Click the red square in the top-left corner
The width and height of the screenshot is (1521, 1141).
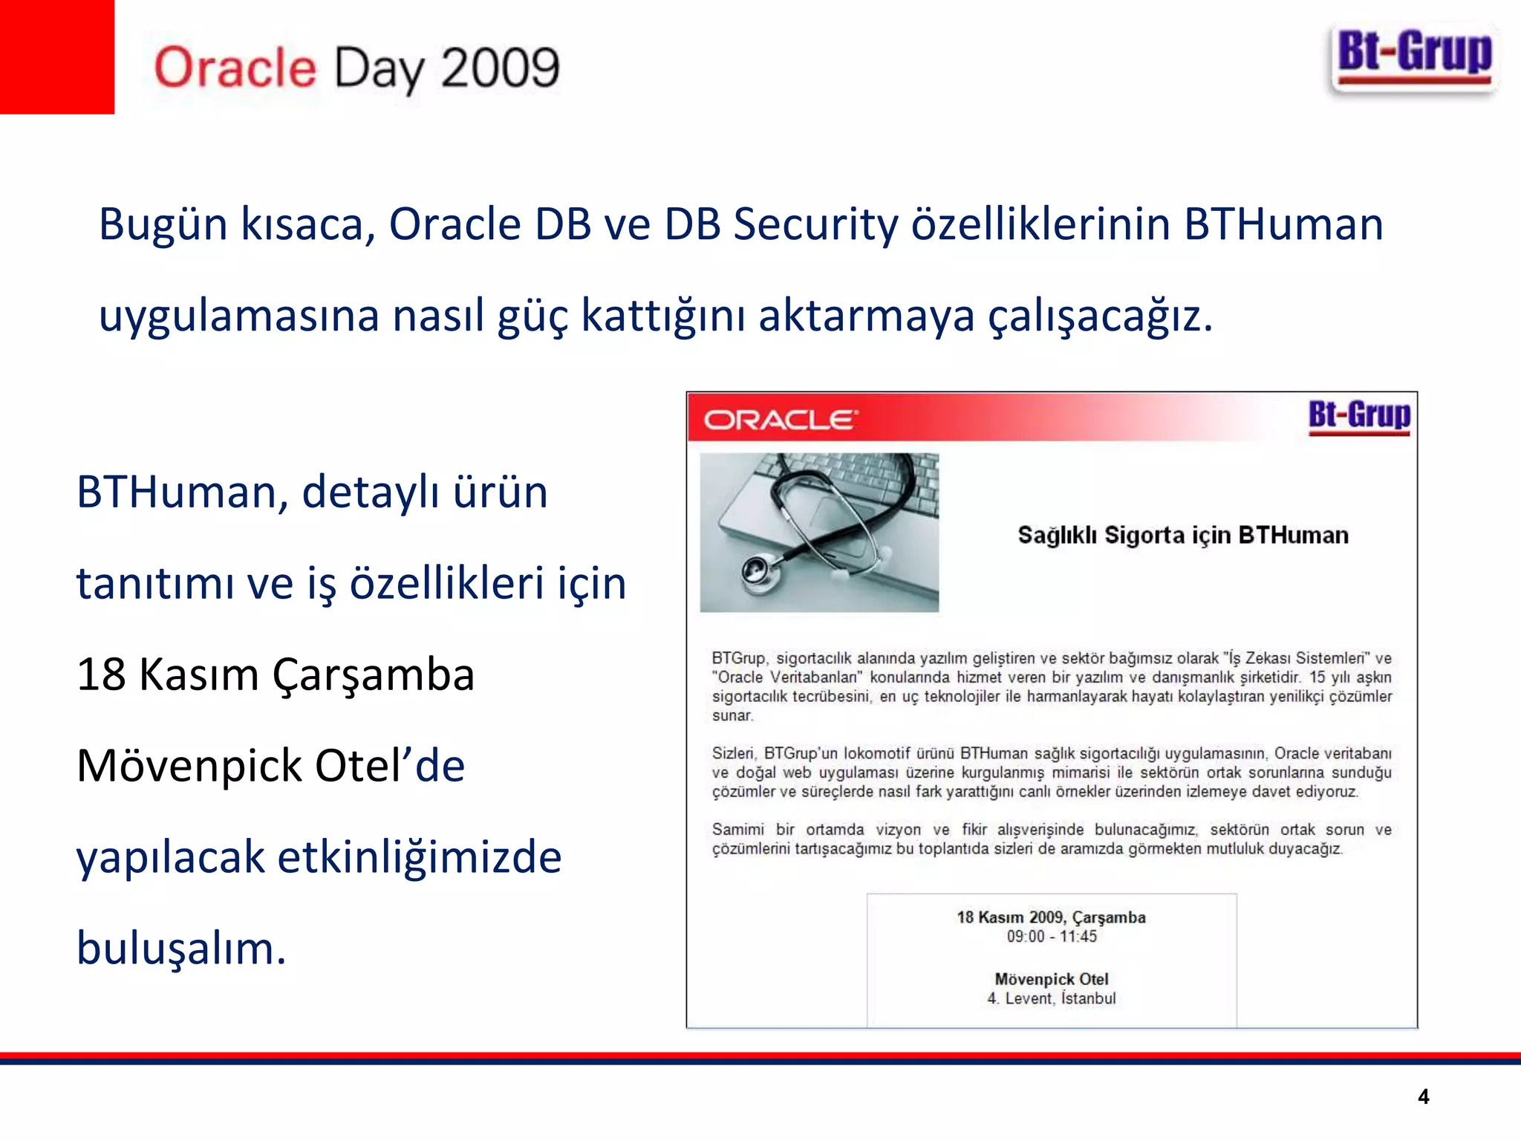[x=56, y=56]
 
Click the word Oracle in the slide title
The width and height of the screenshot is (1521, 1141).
[x=235, y=68]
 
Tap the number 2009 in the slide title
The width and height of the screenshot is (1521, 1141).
[x=499, y=68]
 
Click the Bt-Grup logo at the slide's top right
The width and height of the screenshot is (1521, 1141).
[x=1414, y=58]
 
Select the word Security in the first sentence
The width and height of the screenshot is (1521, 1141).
[x=815, y=224]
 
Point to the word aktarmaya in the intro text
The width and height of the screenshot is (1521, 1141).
[x=866, y=315]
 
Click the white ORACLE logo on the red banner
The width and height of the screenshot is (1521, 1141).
[x=780, y=420]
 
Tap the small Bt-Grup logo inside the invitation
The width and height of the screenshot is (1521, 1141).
[x=1359, y=416]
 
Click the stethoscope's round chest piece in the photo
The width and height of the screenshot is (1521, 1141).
[x=759, y=570]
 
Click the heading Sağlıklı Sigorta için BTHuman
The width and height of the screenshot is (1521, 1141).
[x=1182, y=535]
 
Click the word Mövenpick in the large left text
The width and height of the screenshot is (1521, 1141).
[x=189, y=766]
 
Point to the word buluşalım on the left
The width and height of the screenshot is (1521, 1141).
[x=180, y=949]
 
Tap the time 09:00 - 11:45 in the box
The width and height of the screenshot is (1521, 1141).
[x=1051, y=937]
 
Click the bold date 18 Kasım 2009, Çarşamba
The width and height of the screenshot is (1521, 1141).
[x=1051, y=917]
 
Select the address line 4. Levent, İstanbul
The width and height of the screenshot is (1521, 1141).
[x=1051, y=998]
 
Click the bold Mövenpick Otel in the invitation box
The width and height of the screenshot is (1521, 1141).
[x=1051, y=979]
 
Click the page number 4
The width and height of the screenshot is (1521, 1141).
[x=1423, y=1096]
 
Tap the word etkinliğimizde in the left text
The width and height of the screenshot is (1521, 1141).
[x=420, y=858]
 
